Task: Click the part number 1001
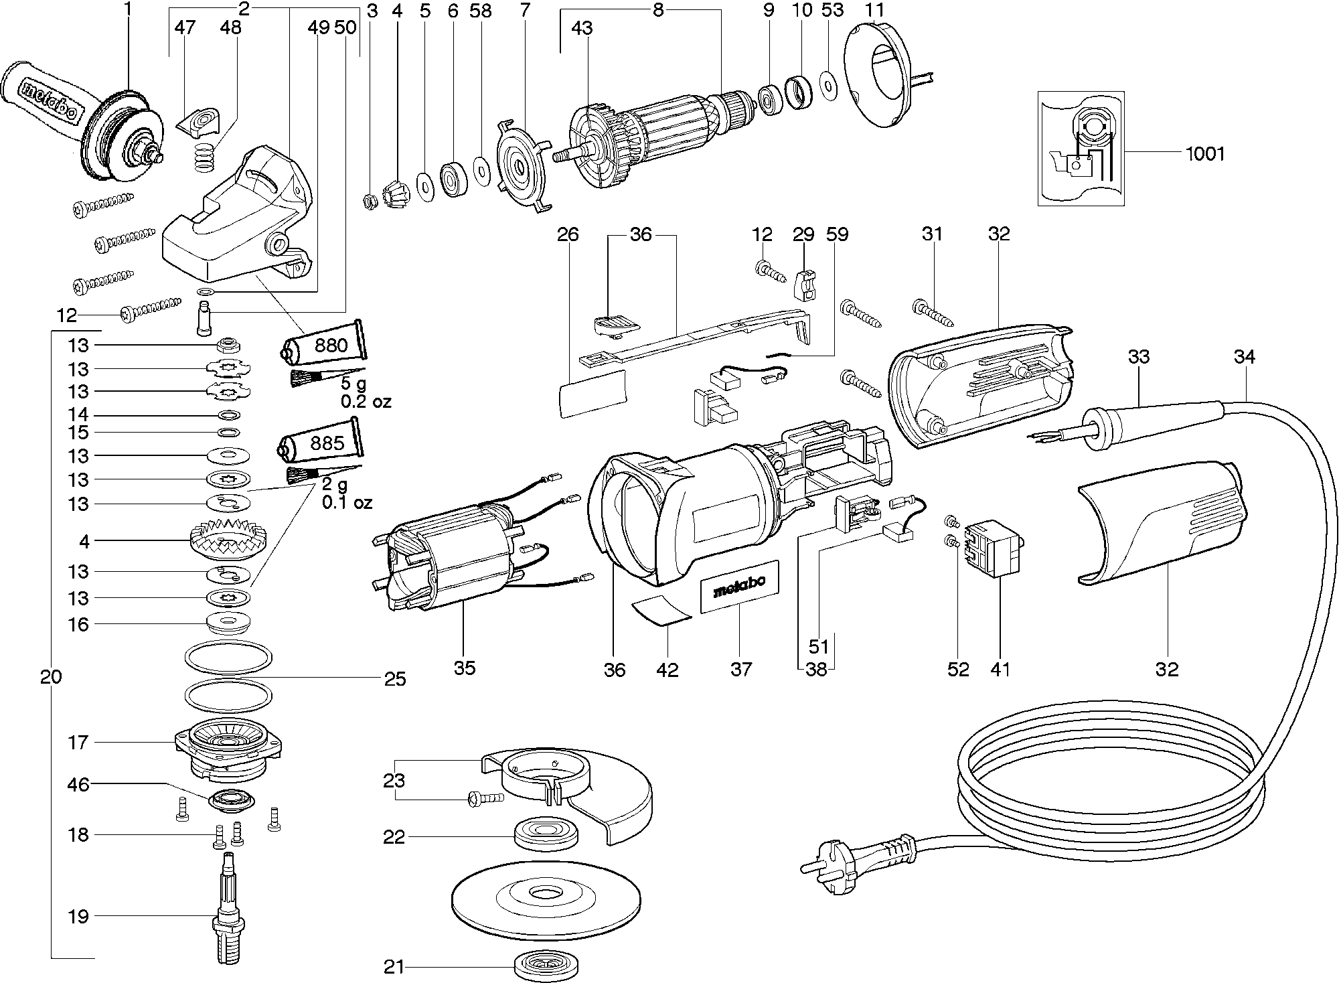coord(1204,154)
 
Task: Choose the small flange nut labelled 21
coord(546,966)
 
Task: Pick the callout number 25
coord(395,679)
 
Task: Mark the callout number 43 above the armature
coord(582,28)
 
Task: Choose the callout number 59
coord(837,234)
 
